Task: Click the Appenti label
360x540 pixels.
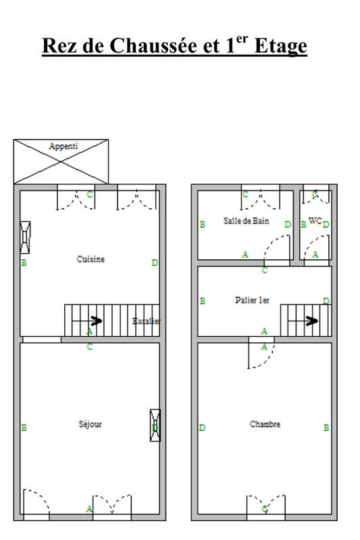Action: (63, 146)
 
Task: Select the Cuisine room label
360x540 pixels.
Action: (91, 259)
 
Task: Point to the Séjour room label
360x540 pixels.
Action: (90, 424)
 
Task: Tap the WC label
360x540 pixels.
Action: (315, 221)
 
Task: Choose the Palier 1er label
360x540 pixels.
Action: (253, 300)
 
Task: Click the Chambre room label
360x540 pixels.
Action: (265, 424)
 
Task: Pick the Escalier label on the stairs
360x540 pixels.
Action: (147, 321)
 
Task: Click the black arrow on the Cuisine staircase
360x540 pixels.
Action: (96, 321)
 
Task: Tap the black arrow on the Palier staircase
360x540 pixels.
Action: (312, 321)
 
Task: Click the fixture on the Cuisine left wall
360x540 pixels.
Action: (25, 236)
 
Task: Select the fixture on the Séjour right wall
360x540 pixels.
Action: (155, 425)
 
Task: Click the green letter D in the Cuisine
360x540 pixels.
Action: (155, 263)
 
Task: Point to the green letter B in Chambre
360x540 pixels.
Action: (326, 427)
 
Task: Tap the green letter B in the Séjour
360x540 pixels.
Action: (24, 427)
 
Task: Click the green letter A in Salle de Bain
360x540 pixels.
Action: (245, 254)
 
